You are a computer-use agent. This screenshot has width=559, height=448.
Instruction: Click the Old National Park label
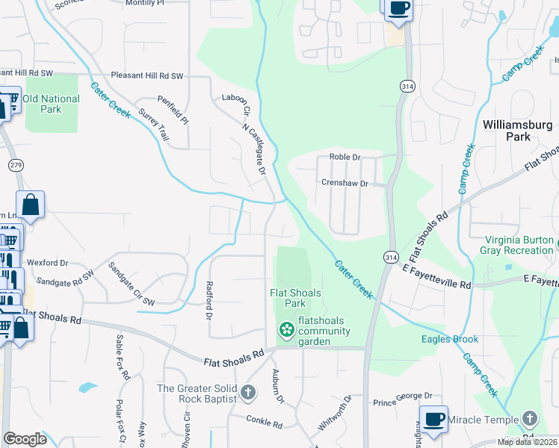pos(51,104)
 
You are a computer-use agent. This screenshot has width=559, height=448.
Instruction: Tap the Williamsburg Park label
pos(517,131)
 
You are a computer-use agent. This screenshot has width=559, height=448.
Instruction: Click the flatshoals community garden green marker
pos(285,329)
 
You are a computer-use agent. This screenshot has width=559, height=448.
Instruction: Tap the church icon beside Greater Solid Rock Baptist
pos(248,391)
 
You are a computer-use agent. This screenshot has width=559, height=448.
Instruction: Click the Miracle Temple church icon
pos(531,418)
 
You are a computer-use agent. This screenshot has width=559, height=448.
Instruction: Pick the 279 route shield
pos(15,164)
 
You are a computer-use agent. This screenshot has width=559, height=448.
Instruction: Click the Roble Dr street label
pos(345,158)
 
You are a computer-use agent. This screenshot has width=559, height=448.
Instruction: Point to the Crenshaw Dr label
pos(345,183)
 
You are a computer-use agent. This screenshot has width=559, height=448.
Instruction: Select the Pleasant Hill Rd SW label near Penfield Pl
pos(146,76)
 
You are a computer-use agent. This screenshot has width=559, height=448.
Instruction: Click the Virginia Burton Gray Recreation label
pos(519,246)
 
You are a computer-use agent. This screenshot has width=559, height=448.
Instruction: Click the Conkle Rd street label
pos(265,425)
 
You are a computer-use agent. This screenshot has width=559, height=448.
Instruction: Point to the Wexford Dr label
pos(47,264)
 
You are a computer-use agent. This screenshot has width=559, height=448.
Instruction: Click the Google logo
pos(25,439)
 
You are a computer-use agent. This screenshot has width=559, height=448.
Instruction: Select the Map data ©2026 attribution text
pos(526,442)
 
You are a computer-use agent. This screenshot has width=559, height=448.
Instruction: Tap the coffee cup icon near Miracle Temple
pos(433,419)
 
